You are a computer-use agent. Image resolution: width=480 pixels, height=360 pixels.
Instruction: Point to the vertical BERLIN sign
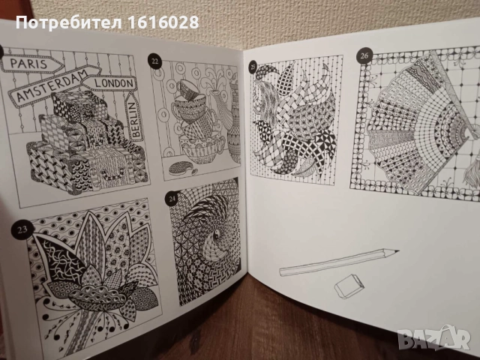[x=136, y=119]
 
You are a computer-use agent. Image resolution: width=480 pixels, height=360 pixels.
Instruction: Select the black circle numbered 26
[x=364, y=54]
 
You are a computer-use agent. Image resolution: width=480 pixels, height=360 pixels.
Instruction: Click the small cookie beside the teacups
[x=181, y=165]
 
